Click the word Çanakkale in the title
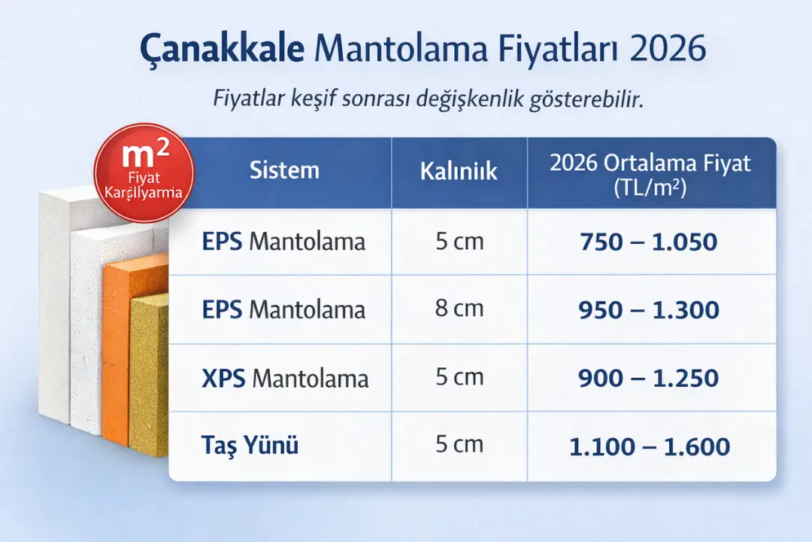click(x=222, y=50)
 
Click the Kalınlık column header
click(x=459, y=171)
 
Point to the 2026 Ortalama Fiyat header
click(x=650, y=175)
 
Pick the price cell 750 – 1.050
click(x=649, y=242)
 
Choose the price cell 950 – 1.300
click(x=649, y=309)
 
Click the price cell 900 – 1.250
click(x=649, y=378)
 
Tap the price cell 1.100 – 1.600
click(x=649, y=446)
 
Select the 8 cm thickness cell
click(x=459, y=309)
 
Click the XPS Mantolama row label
click(x=285, y=378)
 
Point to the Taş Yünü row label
click(x=250, y=446)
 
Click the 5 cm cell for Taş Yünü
click(x=459, y=444)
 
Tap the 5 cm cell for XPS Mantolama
click(x=459, y=376)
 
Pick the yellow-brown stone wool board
click(x=148, y=376)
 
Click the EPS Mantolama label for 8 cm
click(x=283, y=309)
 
